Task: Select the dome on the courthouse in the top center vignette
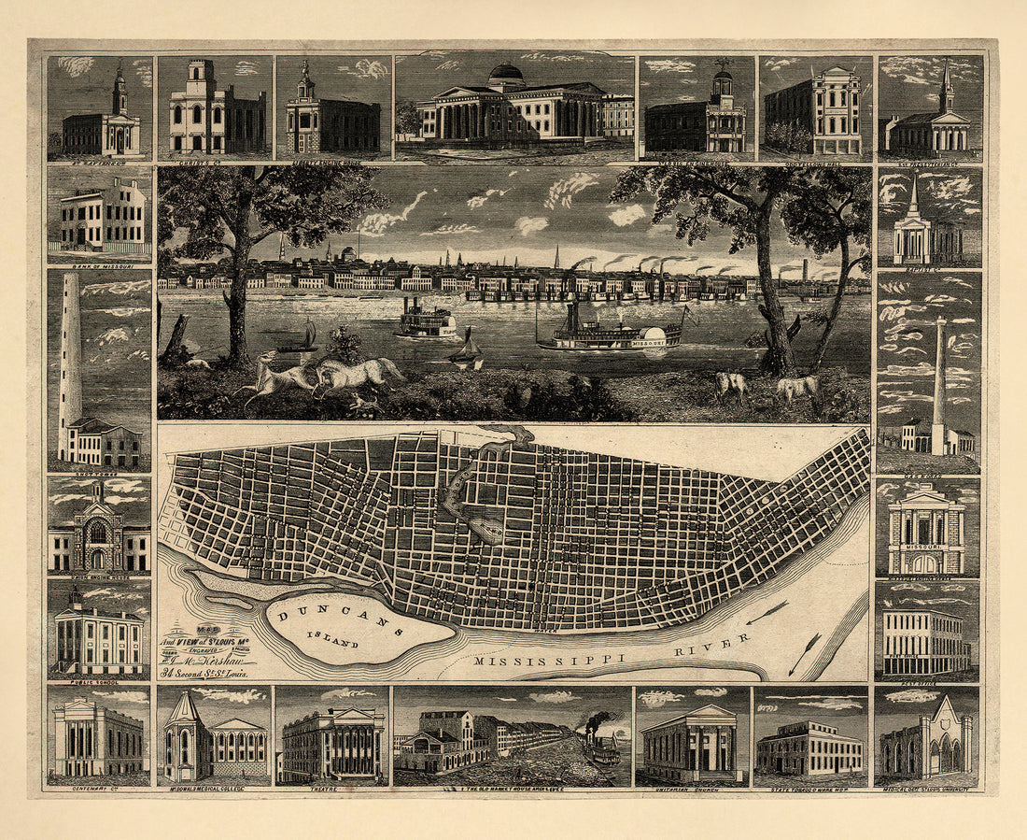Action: click(x=506, y=73)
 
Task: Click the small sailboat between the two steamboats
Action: click(x=467, y=349)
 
